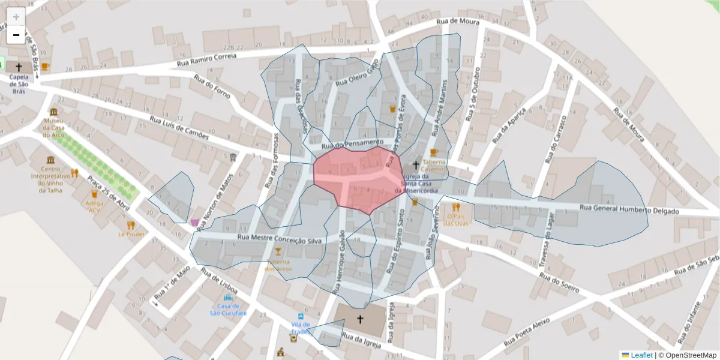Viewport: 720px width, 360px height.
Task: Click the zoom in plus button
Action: click(16, 17)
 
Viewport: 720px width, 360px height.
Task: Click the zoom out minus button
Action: click(16, 35)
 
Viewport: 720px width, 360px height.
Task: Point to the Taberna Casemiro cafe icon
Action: click(434, 152)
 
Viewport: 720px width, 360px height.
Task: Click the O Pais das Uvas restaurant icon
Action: click(455, 207)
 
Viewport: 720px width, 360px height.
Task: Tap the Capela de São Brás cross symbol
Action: click(19, 67)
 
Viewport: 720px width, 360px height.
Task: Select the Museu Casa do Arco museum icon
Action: click(54, 112)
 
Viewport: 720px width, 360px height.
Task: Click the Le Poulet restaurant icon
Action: click(131, 225)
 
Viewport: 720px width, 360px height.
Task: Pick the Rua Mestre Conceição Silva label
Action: click(280, 239)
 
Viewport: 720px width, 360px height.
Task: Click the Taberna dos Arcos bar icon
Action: click(278, 251)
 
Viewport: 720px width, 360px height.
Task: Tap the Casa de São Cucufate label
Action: click(228, 310)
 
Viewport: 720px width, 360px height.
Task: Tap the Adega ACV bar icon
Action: click(94, 194)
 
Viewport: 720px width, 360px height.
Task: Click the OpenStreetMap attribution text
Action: click(691, 355)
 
